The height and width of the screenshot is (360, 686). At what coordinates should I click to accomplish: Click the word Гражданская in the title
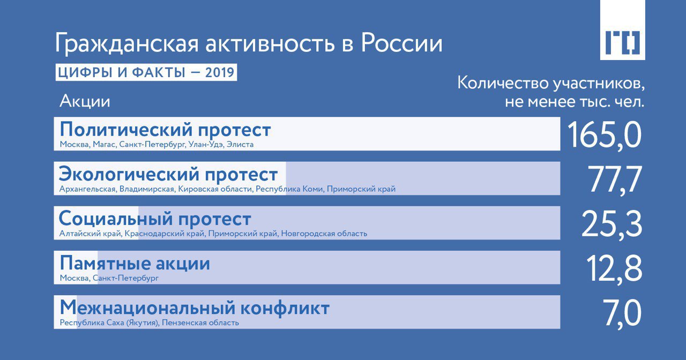[127, 43]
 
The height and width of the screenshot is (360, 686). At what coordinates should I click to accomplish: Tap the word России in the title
[402, 43]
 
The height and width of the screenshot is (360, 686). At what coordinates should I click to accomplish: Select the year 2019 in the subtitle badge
[220, 72]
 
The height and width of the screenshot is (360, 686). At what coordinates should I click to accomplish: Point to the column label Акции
[85, 101]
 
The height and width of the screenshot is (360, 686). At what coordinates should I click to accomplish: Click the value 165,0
[604, 135]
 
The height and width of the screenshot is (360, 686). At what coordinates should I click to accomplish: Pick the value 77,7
[615, 179]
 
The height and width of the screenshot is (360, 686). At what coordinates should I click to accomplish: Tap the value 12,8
[614, 269]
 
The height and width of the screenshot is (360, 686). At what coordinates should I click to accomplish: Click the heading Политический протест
[166, 130]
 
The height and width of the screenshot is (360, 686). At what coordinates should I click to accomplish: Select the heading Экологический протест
[168, 175]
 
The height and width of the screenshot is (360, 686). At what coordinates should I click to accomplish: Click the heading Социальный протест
[155, 219]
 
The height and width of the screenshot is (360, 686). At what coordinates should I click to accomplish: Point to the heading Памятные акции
[135, 264]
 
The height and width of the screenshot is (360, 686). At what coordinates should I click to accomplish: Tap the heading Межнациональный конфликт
[195, 308]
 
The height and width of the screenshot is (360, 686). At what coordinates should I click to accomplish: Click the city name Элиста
[240, 144]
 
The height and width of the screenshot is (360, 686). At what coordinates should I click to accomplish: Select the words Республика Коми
[289, 189]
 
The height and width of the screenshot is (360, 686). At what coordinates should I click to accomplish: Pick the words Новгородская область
[324, 234]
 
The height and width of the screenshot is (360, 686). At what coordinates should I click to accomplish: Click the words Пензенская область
[200, 322]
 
